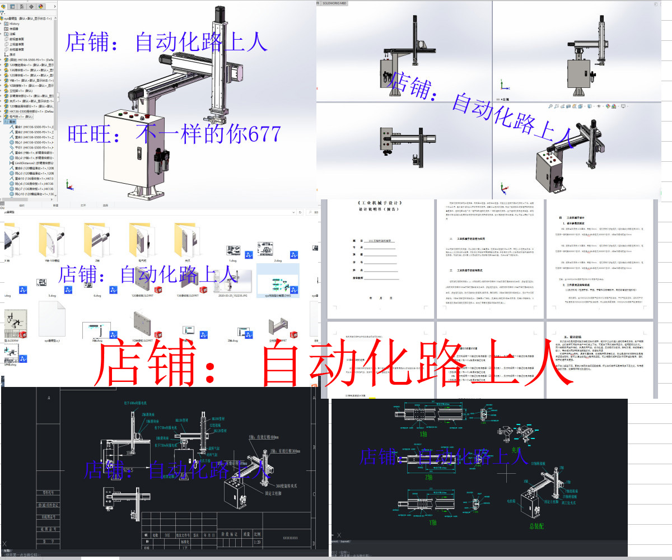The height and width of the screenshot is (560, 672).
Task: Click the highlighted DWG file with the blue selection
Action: [277, 283]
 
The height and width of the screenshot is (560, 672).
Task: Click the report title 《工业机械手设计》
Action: [379, 203]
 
